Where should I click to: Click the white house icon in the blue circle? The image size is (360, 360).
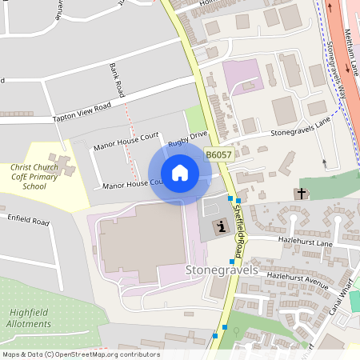tap(179, 173)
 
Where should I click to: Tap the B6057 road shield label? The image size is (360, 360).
tap(218, 155)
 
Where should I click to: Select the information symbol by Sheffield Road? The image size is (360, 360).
tap(220, 227)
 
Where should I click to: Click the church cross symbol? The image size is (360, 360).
tap(302, 194)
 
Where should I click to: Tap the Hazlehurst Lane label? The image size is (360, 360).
tap(305, 241)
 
